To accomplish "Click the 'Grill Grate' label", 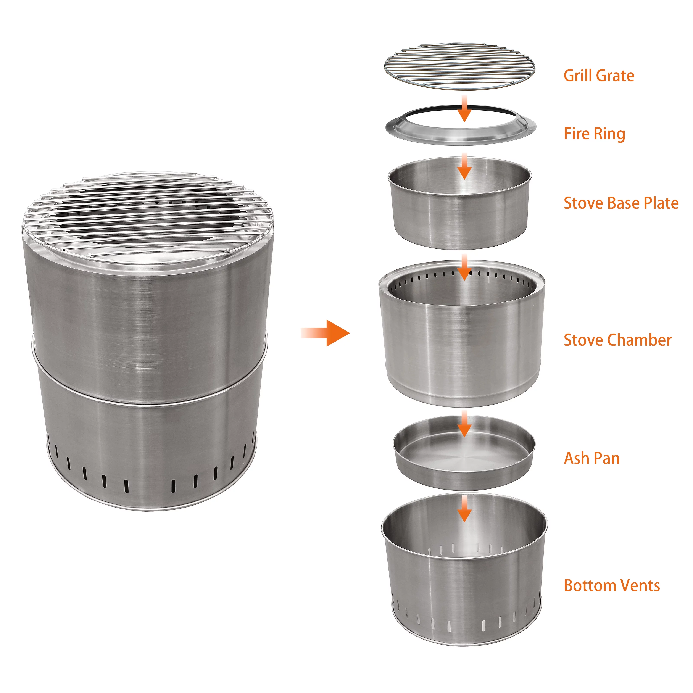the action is (x=599, y=76).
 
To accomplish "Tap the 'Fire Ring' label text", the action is (x=594, y=134).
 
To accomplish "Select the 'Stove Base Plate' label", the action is (x=621, y=203).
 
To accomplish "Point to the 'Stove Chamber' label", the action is (x=617, y=340).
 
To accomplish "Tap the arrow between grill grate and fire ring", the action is (x=464, y=108).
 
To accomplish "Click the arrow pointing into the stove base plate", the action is (x=464, y=166).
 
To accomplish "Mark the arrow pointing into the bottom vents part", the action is (x=464, y=509).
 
